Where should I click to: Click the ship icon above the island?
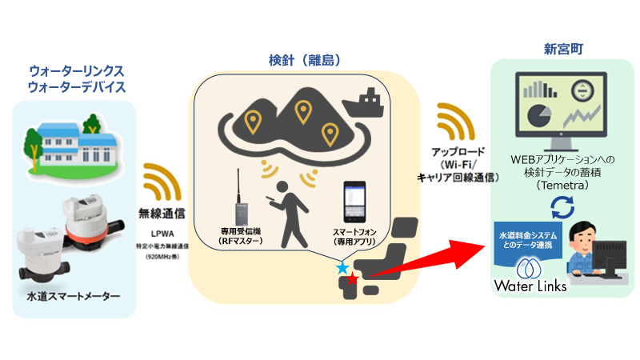[364, 102]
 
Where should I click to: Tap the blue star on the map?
[342, 267]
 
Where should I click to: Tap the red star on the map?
[353, 279]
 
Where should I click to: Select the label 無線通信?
[164, 214]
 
